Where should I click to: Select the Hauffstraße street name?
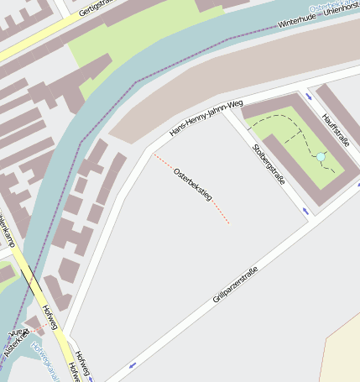pyautogui.click(x=335, y=130)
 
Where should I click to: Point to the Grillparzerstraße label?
pyautogui.click(x=235, y=285)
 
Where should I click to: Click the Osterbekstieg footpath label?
pyautogui.click(x=193, y=185)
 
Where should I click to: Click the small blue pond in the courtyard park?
pyautogui.click(x=320, y=157)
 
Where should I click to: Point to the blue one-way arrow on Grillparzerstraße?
pyautogui.click(x=133, y=365)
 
